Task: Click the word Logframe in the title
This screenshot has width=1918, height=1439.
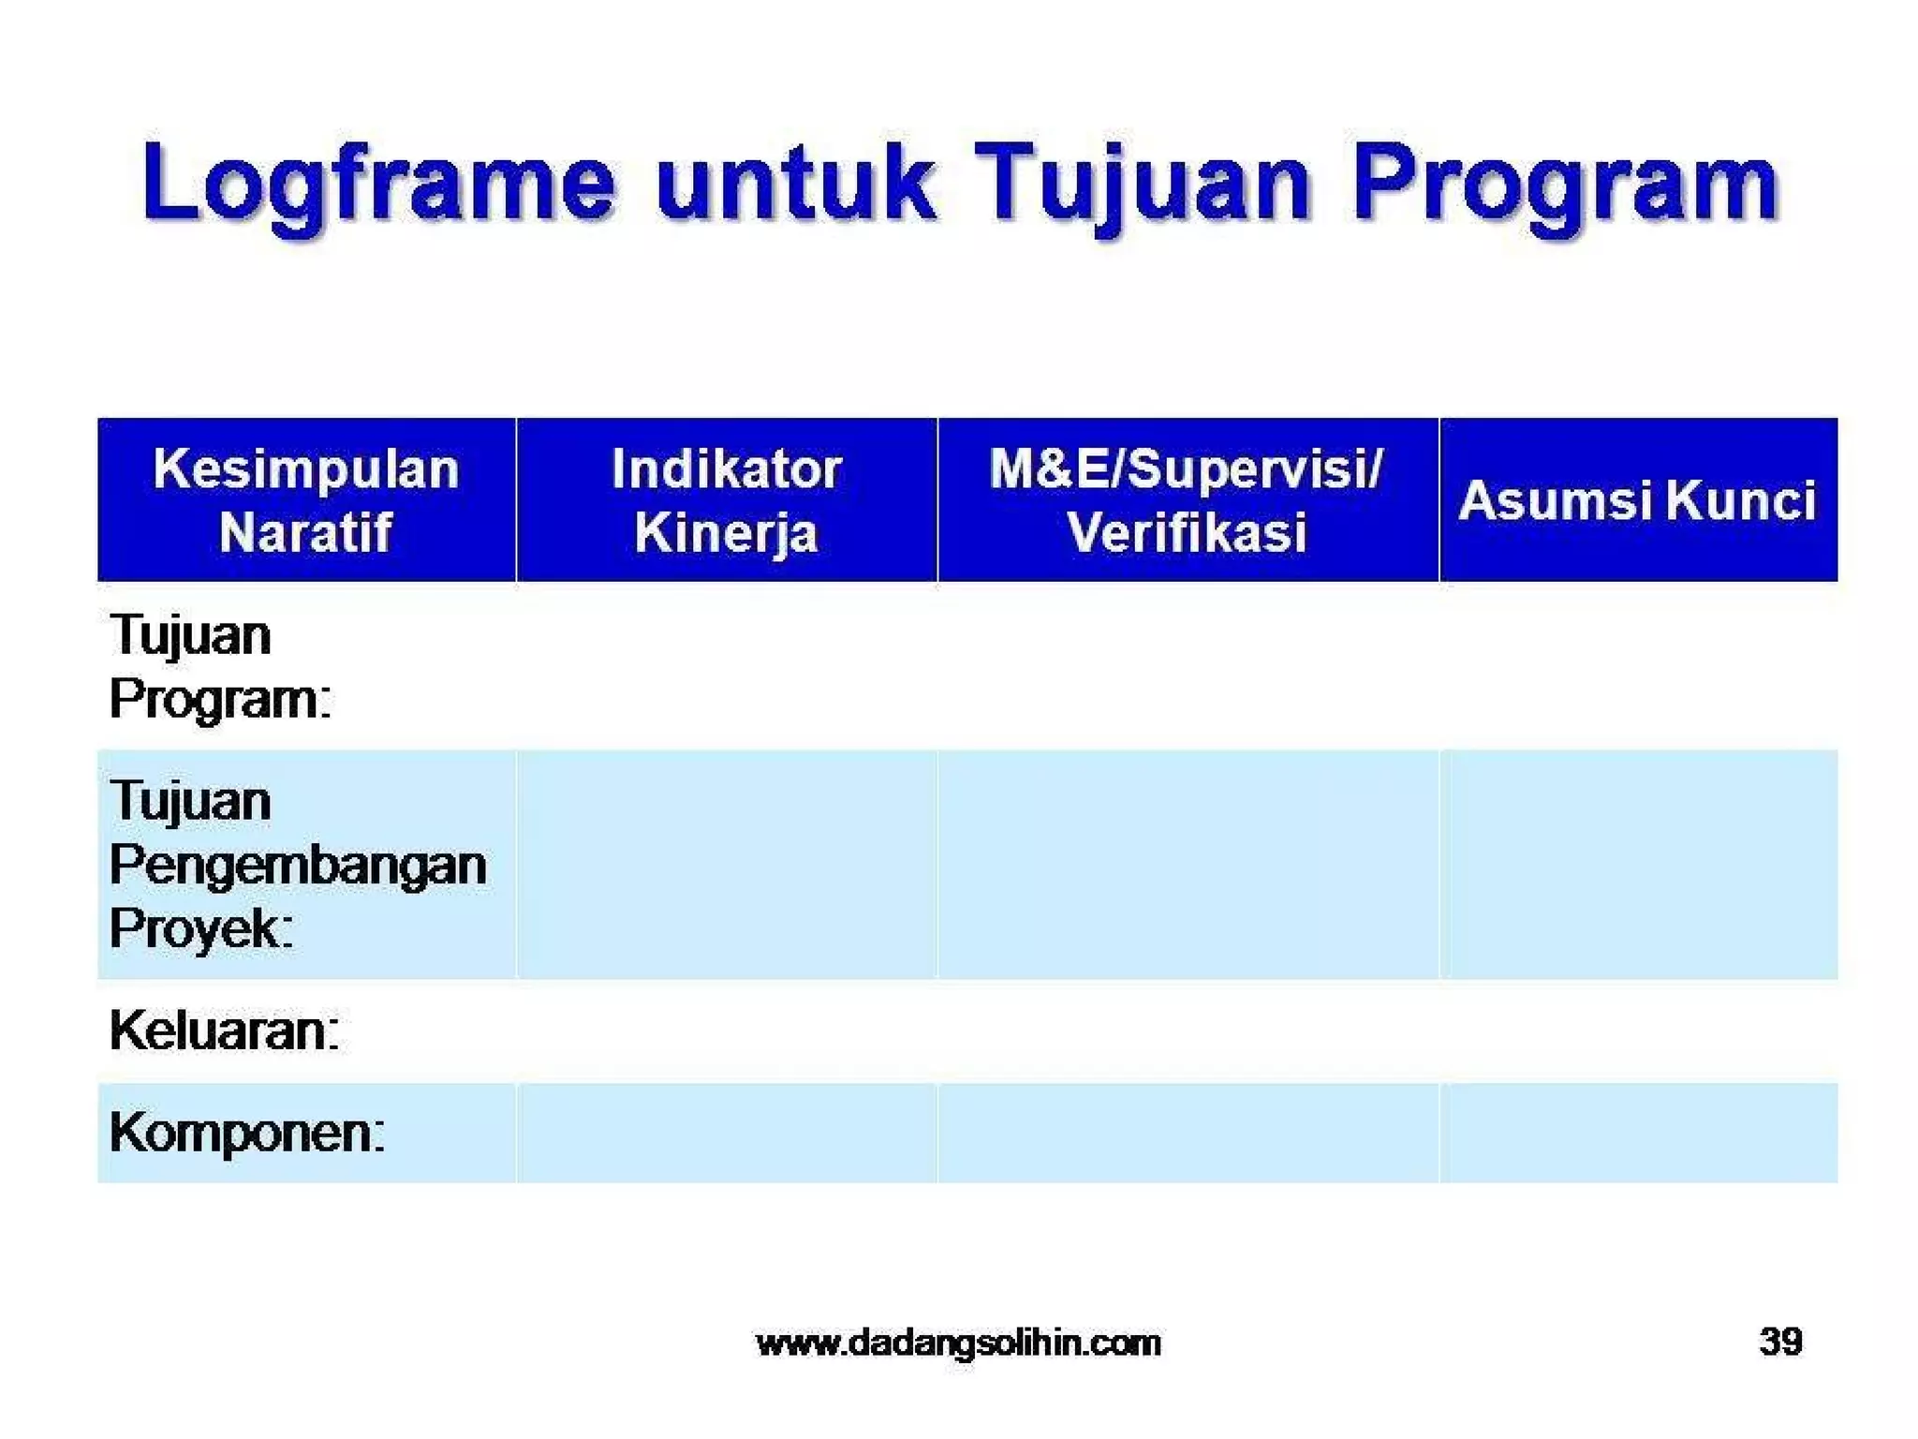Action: (x=378, y=184)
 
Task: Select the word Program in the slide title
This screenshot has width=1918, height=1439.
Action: (x=1564, y=184)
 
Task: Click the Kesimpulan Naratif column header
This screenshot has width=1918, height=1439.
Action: (x=306, y=500)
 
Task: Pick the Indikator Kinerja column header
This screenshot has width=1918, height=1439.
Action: (x=726, y=500)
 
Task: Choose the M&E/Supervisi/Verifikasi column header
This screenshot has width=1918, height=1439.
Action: (x=1187, y=500)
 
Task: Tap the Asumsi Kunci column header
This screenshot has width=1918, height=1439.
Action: (x=1637, y=500)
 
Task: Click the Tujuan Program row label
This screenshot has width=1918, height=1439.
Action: (x=220, y=666)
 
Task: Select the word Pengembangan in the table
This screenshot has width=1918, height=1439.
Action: (x=298, y=865)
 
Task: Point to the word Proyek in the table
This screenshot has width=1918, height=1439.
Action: (x=201, y=928)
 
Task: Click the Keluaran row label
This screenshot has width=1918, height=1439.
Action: (x=224, y=1031)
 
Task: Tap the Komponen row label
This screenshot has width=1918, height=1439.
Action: (x=246, y=1133)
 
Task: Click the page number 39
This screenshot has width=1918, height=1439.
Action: (x=1780, y=1342)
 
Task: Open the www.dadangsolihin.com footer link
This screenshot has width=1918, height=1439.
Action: (x=958, y=1343)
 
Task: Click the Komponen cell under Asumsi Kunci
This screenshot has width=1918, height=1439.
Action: (x=1637, y=1133)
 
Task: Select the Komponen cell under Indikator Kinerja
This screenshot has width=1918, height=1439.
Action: (x=726, y=1133)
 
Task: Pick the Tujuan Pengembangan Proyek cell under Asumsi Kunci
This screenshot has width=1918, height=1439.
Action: (x=1637, y=865)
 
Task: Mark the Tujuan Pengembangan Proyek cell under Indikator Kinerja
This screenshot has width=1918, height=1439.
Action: (x=726, y=865)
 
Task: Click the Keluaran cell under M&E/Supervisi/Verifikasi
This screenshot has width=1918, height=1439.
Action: (x=1187, y=1031)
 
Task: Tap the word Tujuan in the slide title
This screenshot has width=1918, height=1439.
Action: (x=1141, y=184)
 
